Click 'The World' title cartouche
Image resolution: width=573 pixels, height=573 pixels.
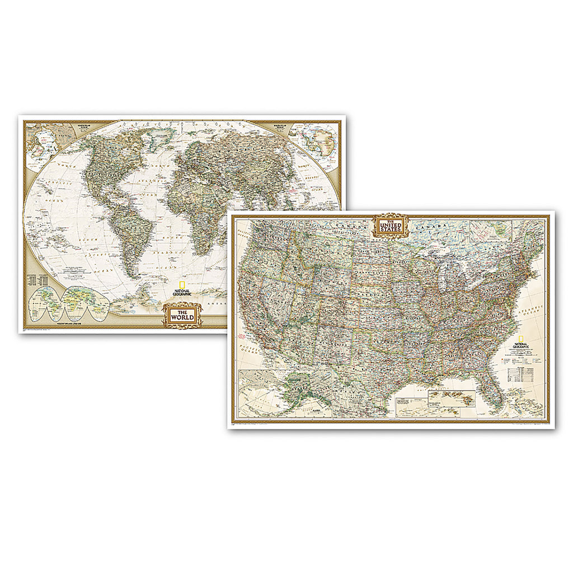click(179, 314)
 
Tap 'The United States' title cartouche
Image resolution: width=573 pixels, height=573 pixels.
click(391, 226)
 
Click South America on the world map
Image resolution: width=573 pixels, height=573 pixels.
click(128, 235)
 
